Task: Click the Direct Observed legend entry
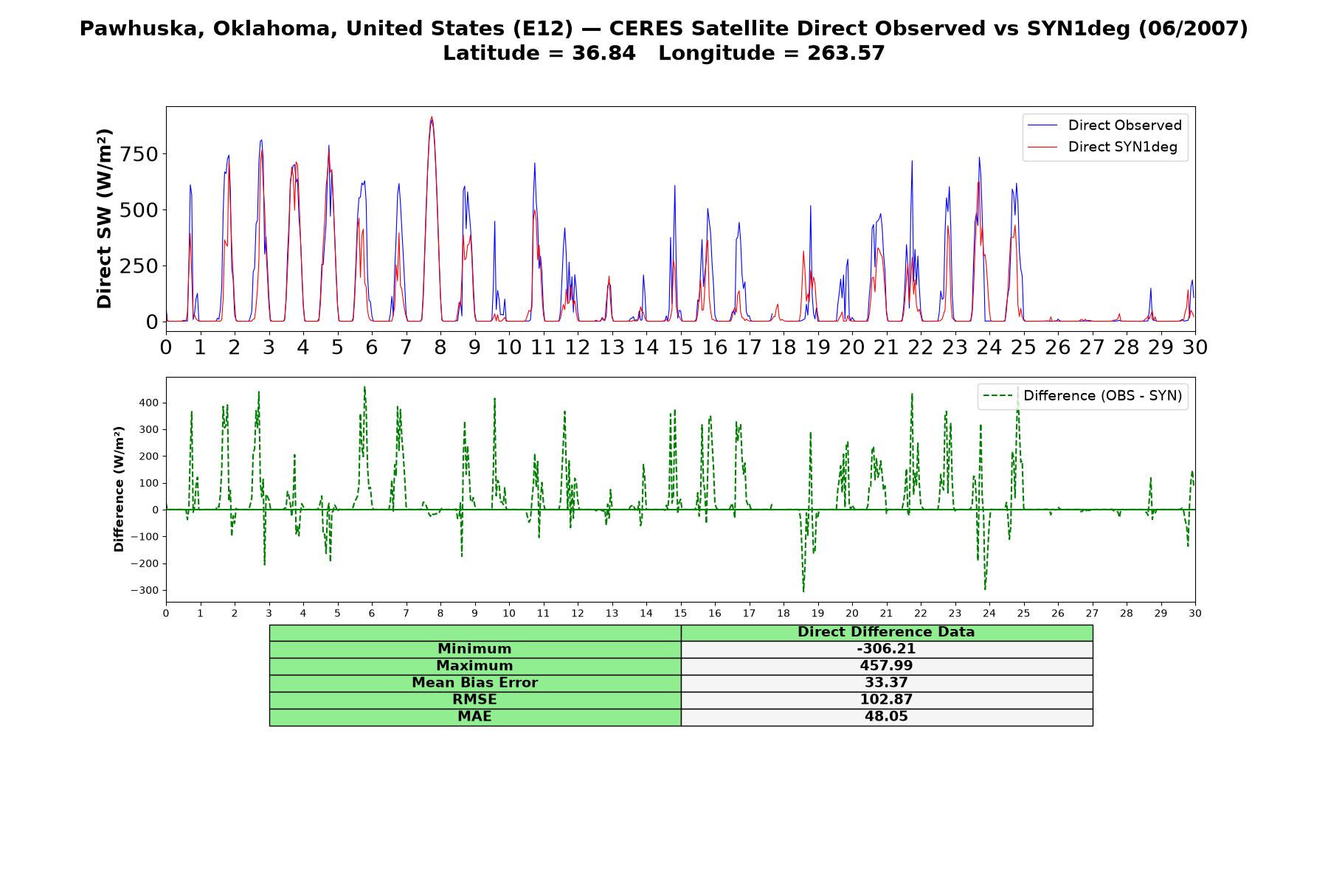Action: click(x=1104, y=125)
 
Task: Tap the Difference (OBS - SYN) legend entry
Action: click(x=1082, y=396)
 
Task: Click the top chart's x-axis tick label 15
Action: click(x=680, y=347)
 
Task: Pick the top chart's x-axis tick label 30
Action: click(x=1194, y=347)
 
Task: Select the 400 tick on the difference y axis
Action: click(x=149, y=403)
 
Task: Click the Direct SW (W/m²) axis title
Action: click(x=104, y=218)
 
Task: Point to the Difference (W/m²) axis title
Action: click(x=119, y=489)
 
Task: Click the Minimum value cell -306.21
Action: click(x=886, y=649)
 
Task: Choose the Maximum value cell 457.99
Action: click(x=886, y=666)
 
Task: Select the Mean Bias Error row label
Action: click(x=474, y=683)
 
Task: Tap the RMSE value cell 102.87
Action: click(x=886, y=700)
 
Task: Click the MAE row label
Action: click(x=474, y=717)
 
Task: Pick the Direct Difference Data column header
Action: click(x=886, y=632)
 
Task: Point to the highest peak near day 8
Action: click(x=432, y=117)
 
